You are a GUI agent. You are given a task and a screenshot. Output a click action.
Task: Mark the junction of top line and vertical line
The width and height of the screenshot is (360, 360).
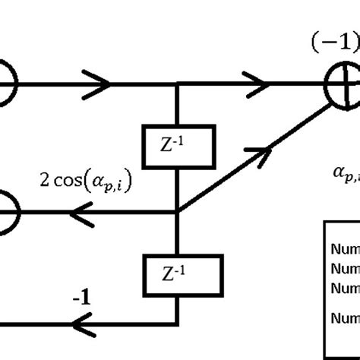pos(177,86)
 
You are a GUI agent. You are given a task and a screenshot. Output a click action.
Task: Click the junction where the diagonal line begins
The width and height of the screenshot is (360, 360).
pos(177,212)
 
